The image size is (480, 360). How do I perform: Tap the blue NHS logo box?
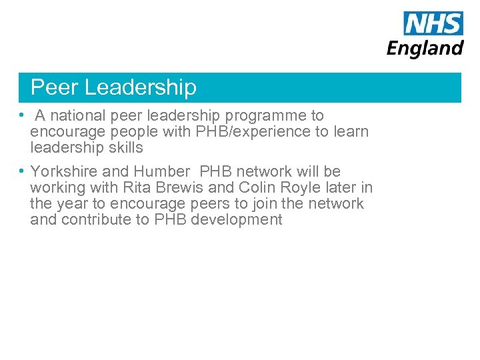[x=433, y=23]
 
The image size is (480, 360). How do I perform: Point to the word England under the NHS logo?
[x=425, y=48]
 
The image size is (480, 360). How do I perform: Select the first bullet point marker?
[x=22, y=115]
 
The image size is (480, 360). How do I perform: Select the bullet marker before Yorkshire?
[x=22, y=171]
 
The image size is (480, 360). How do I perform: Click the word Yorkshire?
[x=64, y=171]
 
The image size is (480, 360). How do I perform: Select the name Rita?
[x=138, y=187]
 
